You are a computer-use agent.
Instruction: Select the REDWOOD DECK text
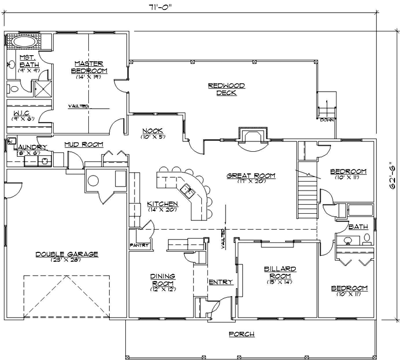tap(226, 89)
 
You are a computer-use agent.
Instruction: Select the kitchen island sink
tap(189, 193)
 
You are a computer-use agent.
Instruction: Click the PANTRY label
tap(137, 245)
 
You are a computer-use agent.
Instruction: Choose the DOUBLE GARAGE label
tap(67, 254)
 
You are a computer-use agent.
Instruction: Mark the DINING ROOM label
tap(163, 279)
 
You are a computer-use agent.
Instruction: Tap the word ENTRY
tap(221, 282)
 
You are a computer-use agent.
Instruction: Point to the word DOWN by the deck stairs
tap(327, 119)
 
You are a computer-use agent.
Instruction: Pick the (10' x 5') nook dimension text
tap(153, 136)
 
